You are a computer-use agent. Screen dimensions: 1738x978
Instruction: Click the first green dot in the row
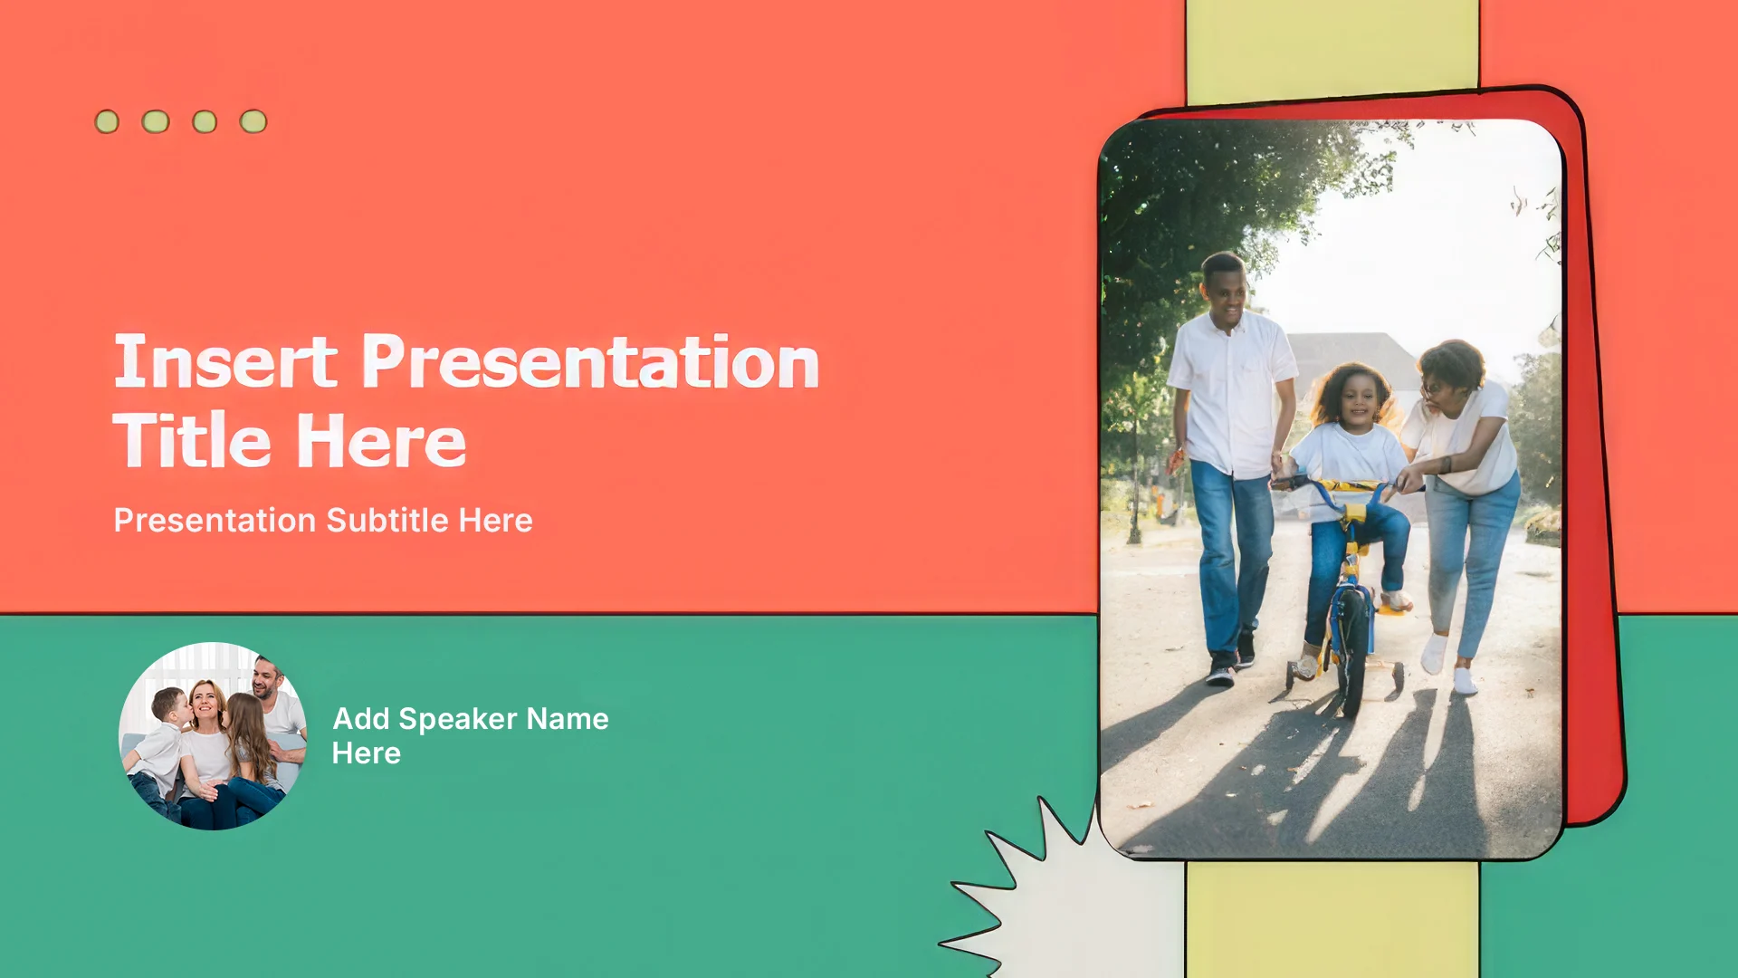point(107,121)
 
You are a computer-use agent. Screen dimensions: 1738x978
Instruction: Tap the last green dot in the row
point(253,121)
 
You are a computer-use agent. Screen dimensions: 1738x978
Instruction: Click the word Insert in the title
point(225,361)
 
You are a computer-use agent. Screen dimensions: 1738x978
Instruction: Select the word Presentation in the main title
point(591,361)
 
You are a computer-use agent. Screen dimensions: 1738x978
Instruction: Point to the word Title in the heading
point(192,440)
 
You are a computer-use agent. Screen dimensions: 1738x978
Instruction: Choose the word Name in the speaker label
point(568,719)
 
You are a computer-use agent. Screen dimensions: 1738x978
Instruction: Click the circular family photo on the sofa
point(213,736)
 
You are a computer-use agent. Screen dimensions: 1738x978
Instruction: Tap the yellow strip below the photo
point(1332,919)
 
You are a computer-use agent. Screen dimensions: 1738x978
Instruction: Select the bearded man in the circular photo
point(275,711)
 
